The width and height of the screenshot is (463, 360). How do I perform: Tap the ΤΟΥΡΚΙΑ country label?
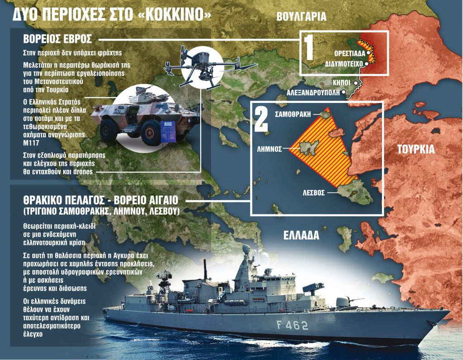pyautogui.click(x=416, y=150)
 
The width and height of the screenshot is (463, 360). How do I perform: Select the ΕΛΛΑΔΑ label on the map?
pyautogui.click(x=302, y=236)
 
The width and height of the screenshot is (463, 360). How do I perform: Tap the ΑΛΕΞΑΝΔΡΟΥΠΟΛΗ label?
pyautogui.click(x=314, y=93)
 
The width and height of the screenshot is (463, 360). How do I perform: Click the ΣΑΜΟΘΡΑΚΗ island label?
pyautogui.click(x=293, y=114)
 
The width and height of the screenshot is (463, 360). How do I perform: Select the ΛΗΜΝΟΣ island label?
pyautogui.click(x=269, y=148)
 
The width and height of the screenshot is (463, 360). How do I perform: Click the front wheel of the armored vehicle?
pyautogui.click(x=150, y=131)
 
